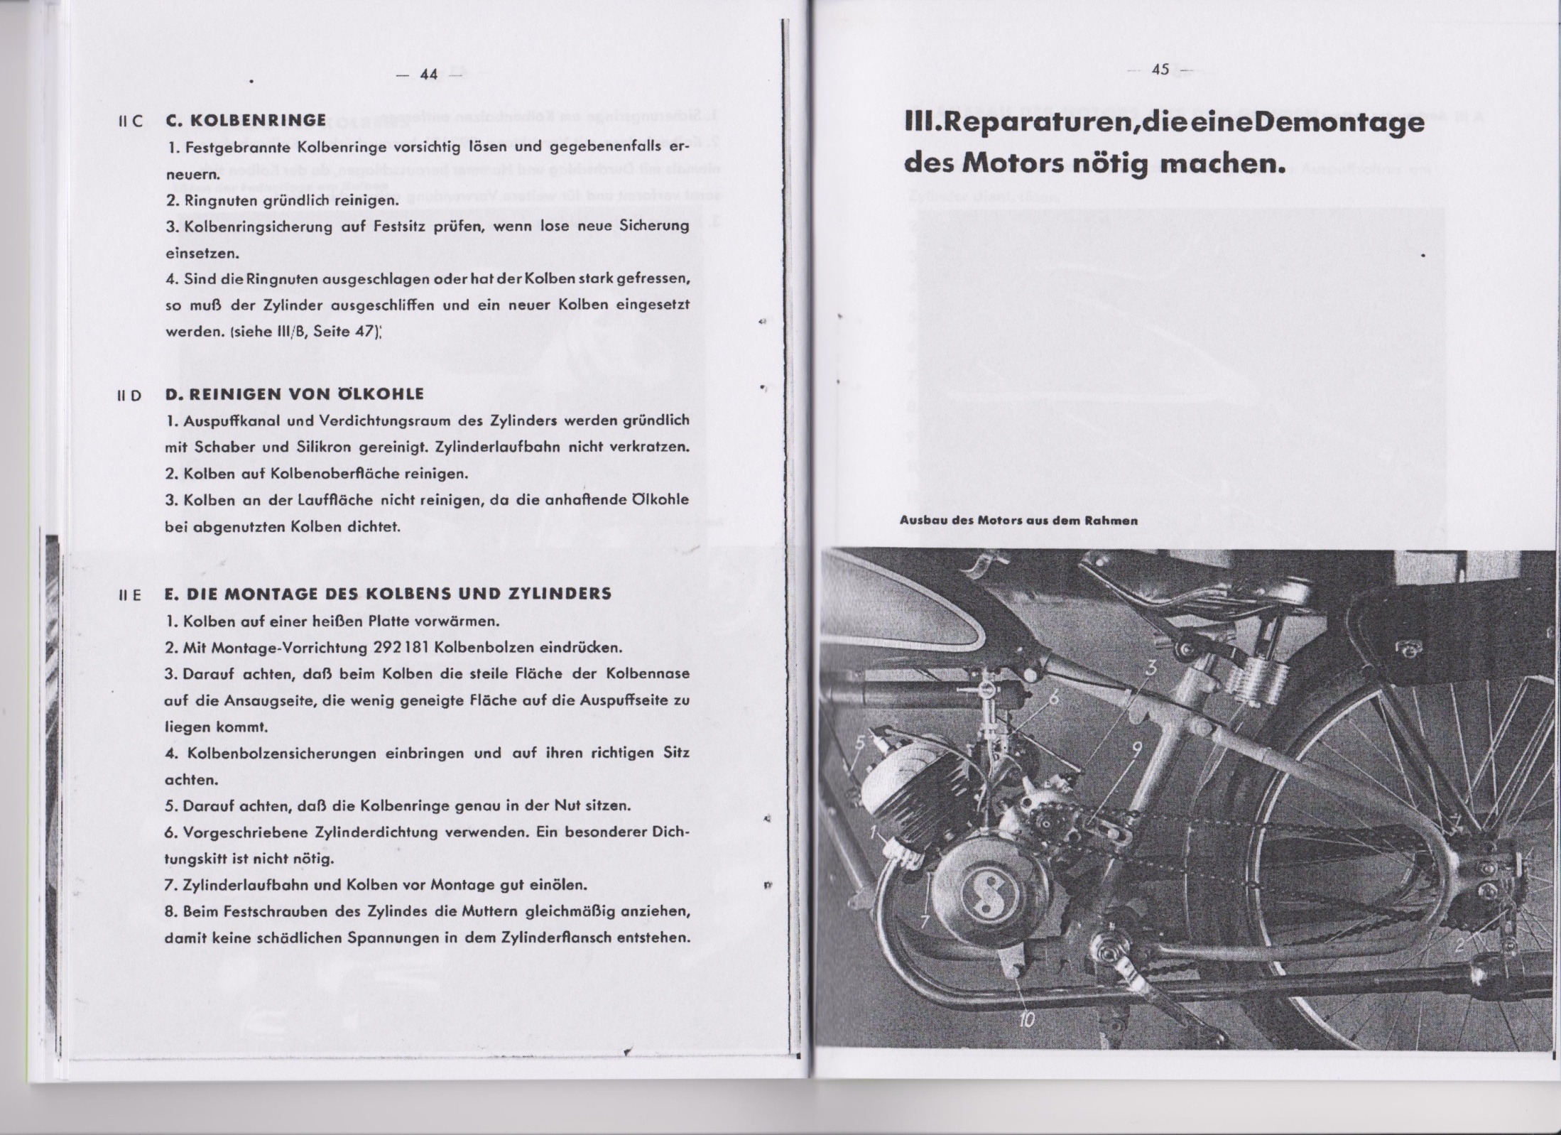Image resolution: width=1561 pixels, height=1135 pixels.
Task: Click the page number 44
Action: point(429,75)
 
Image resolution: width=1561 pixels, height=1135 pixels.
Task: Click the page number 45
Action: point(1160,70)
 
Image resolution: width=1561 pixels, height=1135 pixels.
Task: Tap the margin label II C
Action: point(131,121)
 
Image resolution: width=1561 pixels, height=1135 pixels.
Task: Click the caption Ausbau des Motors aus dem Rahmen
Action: point(1018,520)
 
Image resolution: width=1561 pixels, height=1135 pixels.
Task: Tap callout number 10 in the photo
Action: point(1027,1020)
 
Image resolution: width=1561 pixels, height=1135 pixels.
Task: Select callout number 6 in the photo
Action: point(1054,697)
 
